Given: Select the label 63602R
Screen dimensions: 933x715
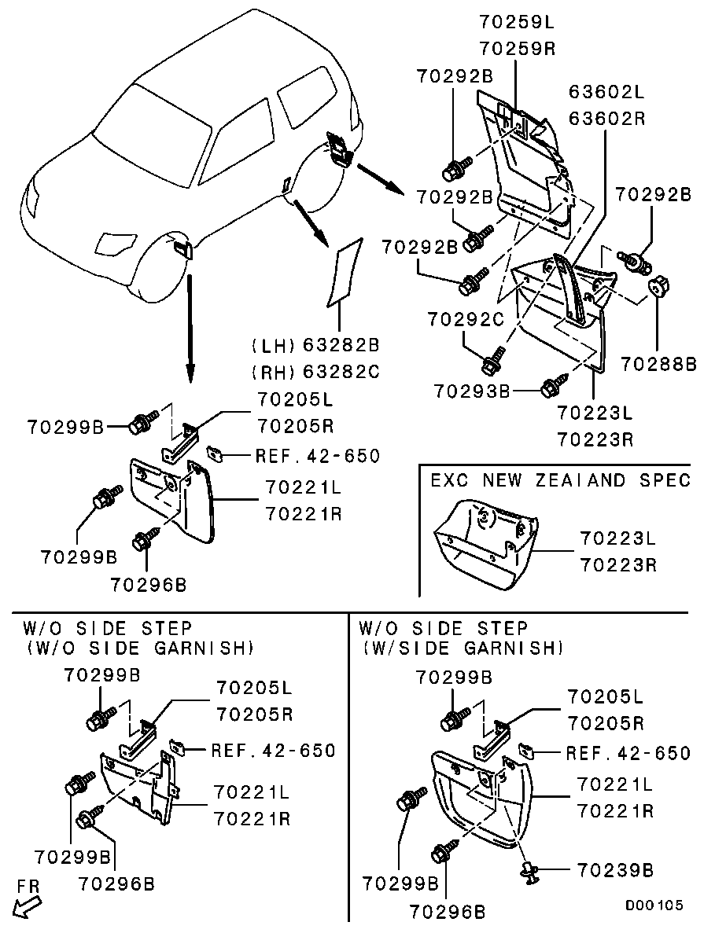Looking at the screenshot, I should point(606,119).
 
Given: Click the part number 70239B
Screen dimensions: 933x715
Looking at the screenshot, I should point(616,870).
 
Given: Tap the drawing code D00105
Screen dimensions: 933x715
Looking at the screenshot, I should point(654,905).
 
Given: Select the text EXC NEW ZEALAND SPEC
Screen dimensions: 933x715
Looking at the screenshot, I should point(560,480).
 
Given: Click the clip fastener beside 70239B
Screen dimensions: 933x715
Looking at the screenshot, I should point(529,869).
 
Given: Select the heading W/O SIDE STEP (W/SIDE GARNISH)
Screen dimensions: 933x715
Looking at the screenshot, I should point(461,638).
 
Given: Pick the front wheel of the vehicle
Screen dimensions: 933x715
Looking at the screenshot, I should point(161,267).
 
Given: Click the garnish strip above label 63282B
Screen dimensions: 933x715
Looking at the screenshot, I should point(343,271).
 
